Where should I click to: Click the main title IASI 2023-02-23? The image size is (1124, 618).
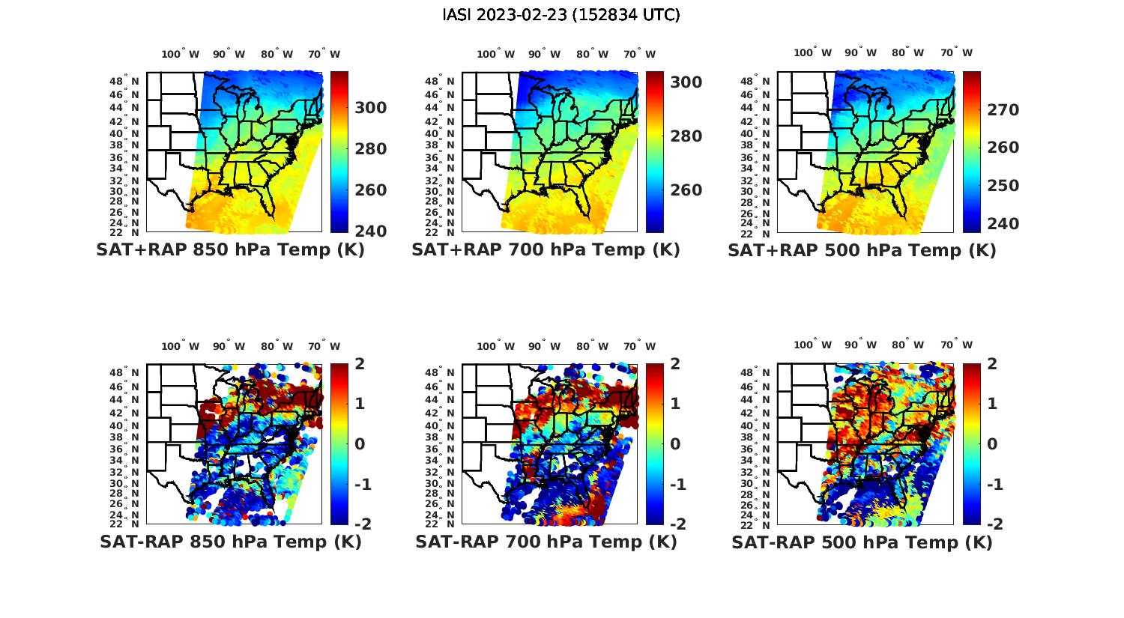[561, 15]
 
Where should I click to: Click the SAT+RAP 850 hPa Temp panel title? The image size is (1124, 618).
[230, 250]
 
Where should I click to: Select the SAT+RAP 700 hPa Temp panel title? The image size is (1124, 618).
[546, 250]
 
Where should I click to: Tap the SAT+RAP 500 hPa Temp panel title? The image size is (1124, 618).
[862, 251]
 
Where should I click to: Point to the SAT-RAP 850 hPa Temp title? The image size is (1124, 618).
[230, 542]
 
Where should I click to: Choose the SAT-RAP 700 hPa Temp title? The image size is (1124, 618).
[546, 542]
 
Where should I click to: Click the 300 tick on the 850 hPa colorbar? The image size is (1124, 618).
[371, 108]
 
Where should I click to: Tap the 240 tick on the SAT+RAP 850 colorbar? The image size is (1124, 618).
[371, 231]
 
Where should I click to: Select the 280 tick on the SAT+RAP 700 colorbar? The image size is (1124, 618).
[686, 136]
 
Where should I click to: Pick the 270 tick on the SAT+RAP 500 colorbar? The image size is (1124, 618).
[1003, 110]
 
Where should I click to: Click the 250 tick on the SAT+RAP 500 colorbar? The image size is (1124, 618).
[1003, 186]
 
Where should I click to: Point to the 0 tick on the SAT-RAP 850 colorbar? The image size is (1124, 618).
[360, 443]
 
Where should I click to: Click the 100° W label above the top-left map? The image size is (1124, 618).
[180, 54]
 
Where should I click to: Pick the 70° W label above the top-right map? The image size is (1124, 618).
[956, 52]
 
